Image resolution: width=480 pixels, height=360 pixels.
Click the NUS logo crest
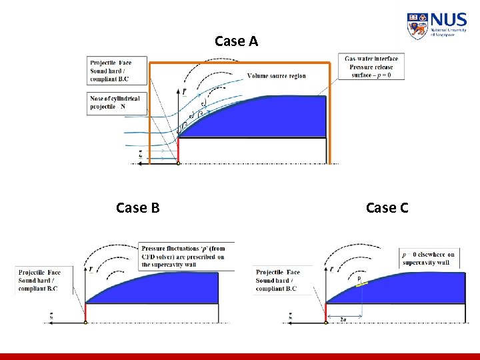pyautogui.click(x=417, y=26)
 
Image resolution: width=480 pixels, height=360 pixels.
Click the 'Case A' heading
pyautogui.click(x=236, y=41)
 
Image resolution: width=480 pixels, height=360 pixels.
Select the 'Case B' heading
pyautogui.click(x=137, y=208)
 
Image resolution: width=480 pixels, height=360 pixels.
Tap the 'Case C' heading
pyautogui.click(x=387, y=208)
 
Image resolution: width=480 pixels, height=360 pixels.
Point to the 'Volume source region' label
pyautogui.click(x=276, y=76)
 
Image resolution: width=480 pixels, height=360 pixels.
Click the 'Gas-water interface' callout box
pyautogui.click(x=371, y=67)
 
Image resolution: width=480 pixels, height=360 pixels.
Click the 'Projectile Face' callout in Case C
pyautogui.click(x=279, y=281)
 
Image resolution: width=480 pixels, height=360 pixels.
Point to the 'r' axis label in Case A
pyautogui.click(x=184, y=90)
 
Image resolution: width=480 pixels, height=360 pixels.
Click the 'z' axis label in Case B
pyautogui.click(x=51, y=316)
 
